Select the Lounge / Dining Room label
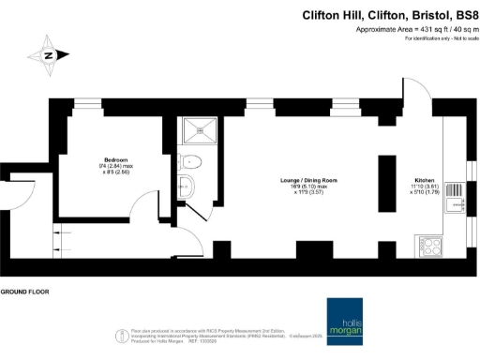307,179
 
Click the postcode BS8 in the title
460,15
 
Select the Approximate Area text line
413,30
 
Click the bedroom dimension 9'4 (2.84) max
115,167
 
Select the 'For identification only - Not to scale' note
437,38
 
